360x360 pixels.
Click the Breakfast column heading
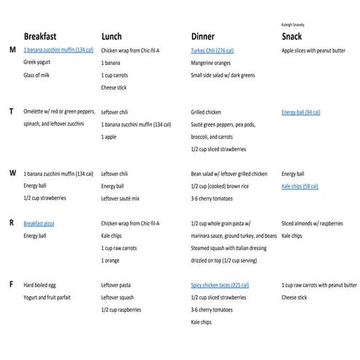click(x=50, y=36)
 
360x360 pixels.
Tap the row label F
click(x=12, y=285)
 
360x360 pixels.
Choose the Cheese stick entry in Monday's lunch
click(x=114, y=87)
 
